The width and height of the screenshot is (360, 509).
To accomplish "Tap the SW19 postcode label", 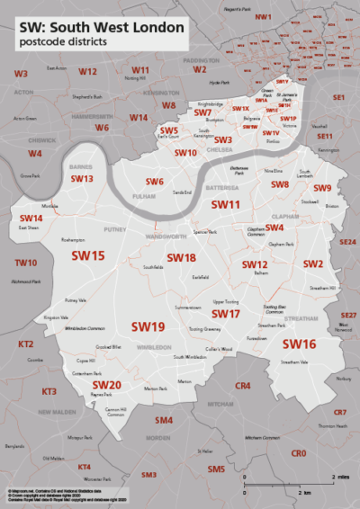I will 148,326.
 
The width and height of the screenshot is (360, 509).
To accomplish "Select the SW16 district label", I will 299,344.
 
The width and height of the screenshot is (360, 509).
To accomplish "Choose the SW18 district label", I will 180,258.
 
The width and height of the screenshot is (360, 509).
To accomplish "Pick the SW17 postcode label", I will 225,314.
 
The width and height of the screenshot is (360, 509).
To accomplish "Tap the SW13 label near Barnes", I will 82,179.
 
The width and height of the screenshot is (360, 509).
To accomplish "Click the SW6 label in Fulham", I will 155,183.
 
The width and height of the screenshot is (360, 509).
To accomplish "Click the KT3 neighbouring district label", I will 49,391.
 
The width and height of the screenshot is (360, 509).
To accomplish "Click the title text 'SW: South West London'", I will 103,28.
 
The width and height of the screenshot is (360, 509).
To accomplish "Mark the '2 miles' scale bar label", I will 342,477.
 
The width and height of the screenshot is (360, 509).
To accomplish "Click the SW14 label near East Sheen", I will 31,218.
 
